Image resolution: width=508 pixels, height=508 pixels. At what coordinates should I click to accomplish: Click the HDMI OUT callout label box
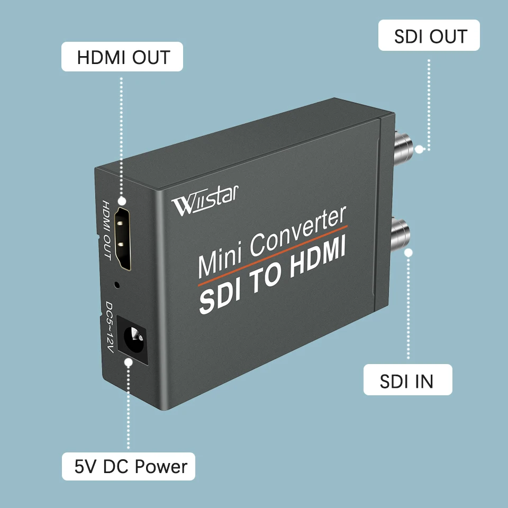(122, 57)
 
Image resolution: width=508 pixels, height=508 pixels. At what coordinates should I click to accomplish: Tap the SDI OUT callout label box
(429, 35)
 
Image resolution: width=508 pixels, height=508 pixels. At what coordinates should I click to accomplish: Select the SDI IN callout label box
(407, 380)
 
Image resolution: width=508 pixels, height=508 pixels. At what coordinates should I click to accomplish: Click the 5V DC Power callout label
(129, 466)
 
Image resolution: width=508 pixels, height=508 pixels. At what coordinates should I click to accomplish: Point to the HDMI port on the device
(123, 239)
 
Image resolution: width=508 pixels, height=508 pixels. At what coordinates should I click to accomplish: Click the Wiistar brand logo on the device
(205, 201)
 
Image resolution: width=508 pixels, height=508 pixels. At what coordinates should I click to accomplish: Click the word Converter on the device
(298, 231)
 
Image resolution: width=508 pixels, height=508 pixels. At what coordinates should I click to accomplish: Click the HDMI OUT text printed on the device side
(106, 230)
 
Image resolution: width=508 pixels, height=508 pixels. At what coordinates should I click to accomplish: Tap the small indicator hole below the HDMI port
(117, 285)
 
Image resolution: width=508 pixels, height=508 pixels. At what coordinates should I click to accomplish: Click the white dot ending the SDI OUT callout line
(419, 149)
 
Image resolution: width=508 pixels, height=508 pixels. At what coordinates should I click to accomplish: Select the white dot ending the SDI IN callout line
(409, 252)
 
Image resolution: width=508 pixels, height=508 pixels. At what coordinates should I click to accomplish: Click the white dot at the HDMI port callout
(122, 201)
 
